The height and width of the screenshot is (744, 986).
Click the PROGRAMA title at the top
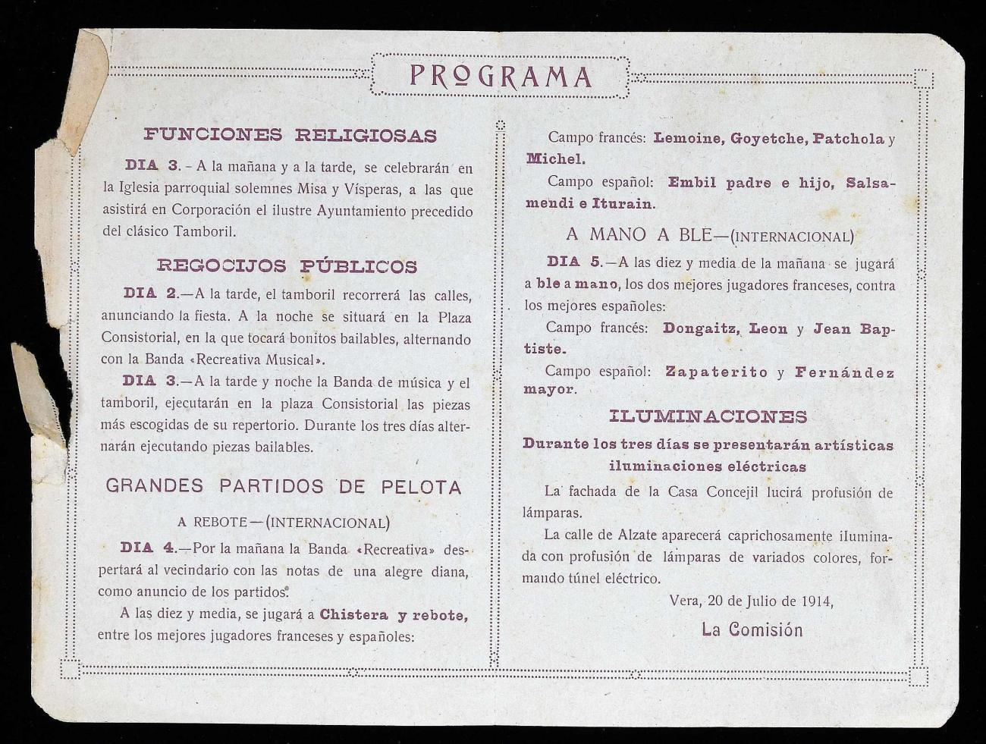tap(500, 77)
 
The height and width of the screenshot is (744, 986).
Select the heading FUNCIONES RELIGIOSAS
tap(290, 136)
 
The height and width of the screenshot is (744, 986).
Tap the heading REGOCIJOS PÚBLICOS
tap(287, 266)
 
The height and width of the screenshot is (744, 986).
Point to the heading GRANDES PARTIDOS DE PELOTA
tap(284, 487)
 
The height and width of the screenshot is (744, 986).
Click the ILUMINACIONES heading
tap(708, 416)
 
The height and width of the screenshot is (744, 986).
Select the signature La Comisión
tap(752, 629)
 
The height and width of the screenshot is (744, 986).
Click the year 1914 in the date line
tap(815, 601)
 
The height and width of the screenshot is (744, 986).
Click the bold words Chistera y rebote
tap(393, 615)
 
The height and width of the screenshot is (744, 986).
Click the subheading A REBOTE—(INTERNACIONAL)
tap(284, 522)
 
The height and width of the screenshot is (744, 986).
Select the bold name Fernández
tap(844, 372)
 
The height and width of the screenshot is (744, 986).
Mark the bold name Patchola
tap(848, 139)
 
